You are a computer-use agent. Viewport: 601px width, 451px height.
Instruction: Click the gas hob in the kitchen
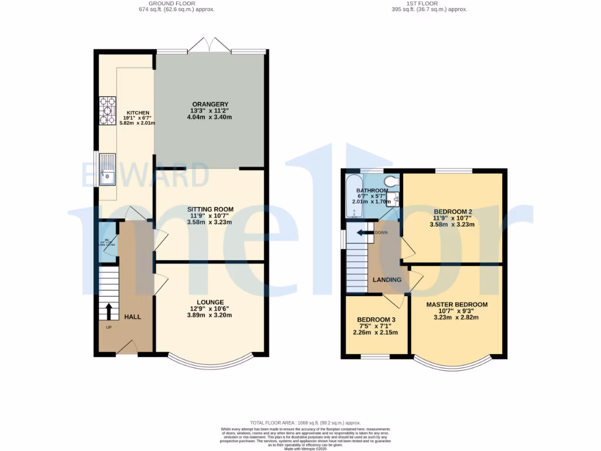pyautogui.click(x=107, y=110)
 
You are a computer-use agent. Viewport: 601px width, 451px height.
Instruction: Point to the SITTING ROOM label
pyautogui.click(x=210, y=209)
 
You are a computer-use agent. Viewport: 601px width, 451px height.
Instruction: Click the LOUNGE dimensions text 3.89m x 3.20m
pyautogui.click(x=210, y=315)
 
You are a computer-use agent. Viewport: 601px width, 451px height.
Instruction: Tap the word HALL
pyautogui.click(x=132, y=317)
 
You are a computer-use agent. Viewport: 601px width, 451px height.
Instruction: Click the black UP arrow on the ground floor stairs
pyautogui.click(x=109, y=311)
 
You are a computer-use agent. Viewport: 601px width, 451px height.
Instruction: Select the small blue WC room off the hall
pyautogui.click(x=107, y=242)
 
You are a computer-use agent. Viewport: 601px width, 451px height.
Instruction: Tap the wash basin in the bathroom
pyautogui.click(x=396, y=199)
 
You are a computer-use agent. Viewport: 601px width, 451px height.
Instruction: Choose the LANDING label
pyautogui.click(x=387, y=280)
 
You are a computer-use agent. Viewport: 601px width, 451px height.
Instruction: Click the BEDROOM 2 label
pyautogui.click(x=453, y=211)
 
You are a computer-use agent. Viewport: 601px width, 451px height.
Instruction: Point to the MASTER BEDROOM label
pyautogui.click(x=457, y=304)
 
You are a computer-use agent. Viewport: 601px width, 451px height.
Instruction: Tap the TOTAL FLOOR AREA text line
pyautogui.click(x=305, y=423)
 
